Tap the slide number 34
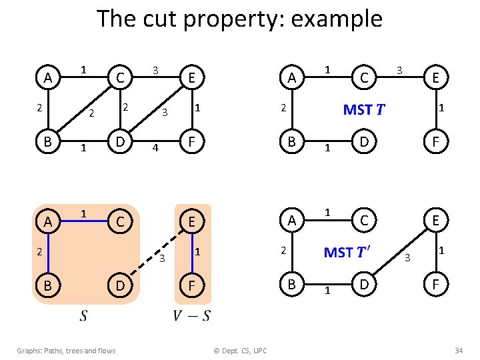pyautogui.click(x=459, y=351)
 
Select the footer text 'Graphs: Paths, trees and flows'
pyautogui.click(x=66, y=351)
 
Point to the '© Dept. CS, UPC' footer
pyautogui.click(x=239, y=351)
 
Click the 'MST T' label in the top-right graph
pyautogui.click(x=364, y=109)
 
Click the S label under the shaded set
pyautogui.click(x=83, y=315)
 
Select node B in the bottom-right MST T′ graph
pyautogui.click(x=291, y=285)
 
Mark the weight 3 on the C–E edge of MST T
pyautogui.click(x=399, y=69)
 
